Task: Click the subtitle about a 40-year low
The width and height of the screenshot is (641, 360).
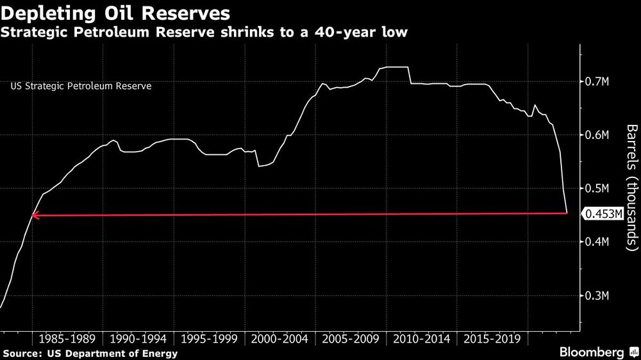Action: pos(204,32)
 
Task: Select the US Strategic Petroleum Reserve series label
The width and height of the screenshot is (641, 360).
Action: pos(81,85)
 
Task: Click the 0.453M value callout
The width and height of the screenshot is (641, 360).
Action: pos(603,215)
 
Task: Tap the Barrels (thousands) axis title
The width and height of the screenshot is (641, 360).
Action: pos(632,187)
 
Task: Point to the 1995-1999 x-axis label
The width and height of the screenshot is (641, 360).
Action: pos(209,338)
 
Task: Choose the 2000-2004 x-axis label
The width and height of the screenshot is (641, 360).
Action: pos(279,338)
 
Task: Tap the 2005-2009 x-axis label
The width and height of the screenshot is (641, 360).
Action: pos(351,338)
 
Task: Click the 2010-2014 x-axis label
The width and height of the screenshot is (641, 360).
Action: pos(421,338)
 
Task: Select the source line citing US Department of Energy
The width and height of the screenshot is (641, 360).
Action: pos(90,353)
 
